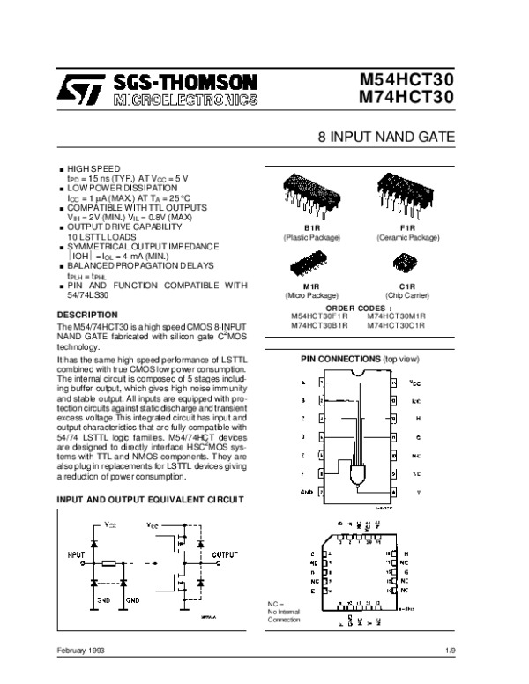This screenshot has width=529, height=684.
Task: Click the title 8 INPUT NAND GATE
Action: pyautogui.click(x=385, y=139)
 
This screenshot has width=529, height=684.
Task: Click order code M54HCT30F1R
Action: pyautogui.click(x=319, y=315)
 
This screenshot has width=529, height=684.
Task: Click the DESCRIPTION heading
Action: pyautogui.click(x=86, y=315)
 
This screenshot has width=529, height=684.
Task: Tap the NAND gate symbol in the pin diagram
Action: pyautogui.click(x=361, y=475)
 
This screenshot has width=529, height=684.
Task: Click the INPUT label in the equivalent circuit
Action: pyautogui.click(x=77, y=554)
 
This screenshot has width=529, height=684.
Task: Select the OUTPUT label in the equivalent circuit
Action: pyautogui.click(x=224, y=554)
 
